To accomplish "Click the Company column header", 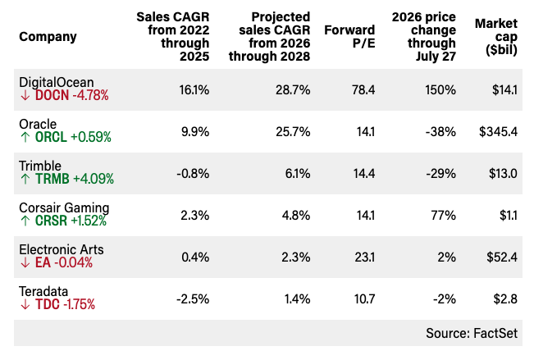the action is (x=48, y=37).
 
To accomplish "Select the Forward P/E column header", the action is (x=349, y=36).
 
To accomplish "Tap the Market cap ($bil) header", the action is (x=496, y=36).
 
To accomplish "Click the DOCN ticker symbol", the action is (x=52, y=95).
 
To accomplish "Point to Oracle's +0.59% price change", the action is (x=91, y=137).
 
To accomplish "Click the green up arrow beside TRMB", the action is (x=25, y=179).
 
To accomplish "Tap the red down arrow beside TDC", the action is (x=25, y=304).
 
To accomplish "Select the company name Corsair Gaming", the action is (x=64, y=207).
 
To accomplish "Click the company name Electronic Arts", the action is (x=62, y=249).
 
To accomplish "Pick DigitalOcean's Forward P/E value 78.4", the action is (x=363, y=90).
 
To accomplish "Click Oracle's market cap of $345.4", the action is (x=498, y=132).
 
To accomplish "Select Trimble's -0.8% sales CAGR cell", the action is (x=193, y=174).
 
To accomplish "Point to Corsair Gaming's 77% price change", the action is (x=444, y=216).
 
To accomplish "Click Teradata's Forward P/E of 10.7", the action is (x=364, y=299).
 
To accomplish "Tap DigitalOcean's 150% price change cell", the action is (x=440, y=90).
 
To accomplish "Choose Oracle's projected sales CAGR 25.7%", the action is (x=293, y=132).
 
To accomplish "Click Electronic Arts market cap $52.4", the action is (x=502, y=257).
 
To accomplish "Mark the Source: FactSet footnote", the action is (x=472, y=333).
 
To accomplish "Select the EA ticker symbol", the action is (x=43, y=262).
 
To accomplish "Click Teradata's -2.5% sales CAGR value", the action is (x=193, y=299).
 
